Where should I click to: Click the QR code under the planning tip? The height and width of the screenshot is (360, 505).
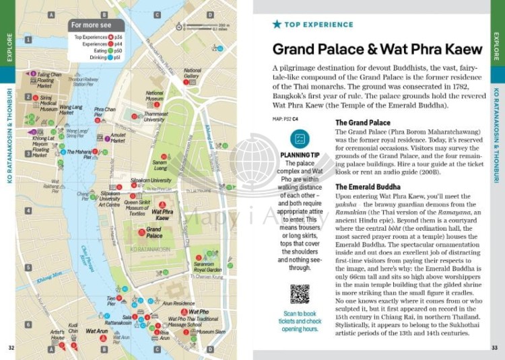[299, 293]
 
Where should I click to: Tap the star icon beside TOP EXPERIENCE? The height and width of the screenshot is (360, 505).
[277, 24]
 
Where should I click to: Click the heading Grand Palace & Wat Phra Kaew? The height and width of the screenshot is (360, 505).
[377, 49]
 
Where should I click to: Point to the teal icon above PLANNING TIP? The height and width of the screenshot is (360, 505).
[300, 139]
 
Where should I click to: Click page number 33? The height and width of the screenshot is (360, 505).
[494, 348]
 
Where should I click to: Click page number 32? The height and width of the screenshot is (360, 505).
[11, 348]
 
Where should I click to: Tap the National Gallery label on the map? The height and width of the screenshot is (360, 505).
[192, 73]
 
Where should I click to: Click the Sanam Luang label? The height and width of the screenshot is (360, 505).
[160, 164]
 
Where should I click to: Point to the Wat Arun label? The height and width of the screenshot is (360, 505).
[98, 331]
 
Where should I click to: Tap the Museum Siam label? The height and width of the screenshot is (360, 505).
[211, 332]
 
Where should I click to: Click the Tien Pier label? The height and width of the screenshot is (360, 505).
[111, 300]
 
